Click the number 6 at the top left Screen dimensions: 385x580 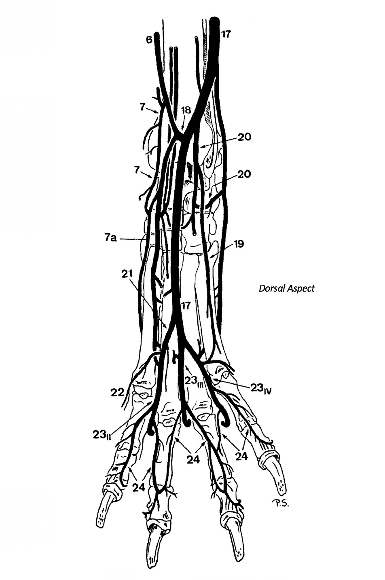pos(149,40)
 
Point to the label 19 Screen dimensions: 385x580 pos(238,244)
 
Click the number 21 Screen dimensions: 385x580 pos(127,274)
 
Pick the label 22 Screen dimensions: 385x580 pos(117,392)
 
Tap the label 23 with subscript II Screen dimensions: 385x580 pos(102,435)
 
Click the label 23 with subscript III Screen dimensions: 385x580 pos(194,381)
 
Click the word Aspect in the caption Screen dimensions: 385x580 pos(300,288)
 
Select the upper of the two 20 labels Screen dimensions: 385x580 pos(244,137)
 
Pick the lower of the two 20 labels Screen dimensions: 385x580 pos(244,174)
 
